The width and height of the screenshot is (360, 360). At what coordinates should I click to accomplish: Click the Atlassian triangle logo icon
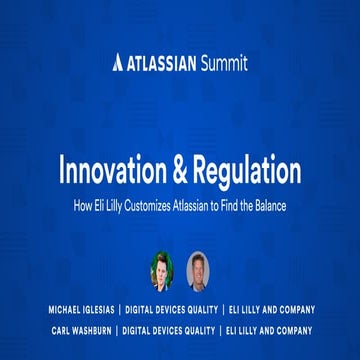[x=118, y=63]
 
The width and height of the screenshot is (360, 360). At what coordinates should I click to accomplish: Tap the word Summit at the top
[x=223, y=63]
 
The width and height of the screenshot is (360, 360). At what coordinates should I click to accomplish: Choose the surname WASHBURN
[x=89, y=330]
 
